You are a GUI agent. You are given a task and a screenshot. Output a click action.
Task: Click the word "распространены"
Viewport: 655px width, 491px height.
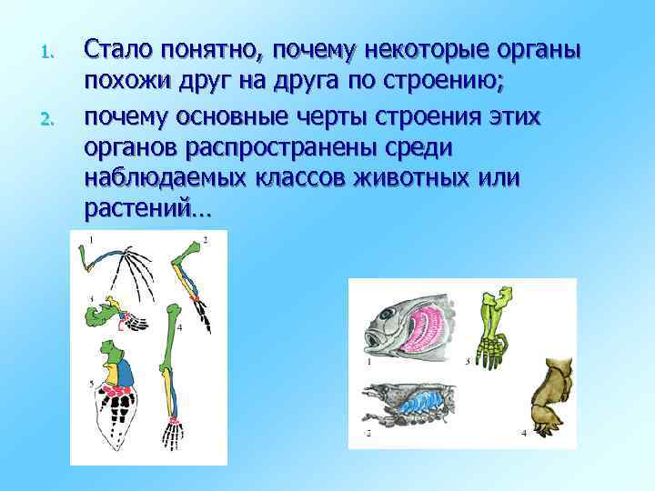(300, 148)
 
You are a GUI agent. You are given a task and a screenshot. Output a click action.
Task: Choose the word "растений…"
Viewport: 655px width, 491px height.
(146, 211)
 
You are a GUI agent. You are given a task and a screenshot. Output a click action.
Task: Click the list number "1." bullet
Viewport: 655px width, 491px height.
(51, 54)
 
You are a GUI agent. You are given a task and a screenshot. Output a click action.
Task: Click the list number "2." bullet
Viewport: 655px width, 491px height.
(51, 118)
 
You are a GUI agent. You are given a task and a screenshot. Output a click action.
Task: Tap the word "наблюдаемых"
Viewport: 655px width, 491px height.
(172, 180)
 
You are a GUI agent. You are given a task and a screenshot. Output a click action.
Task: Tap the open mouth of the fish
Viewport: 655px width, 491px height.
(374, 344)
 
